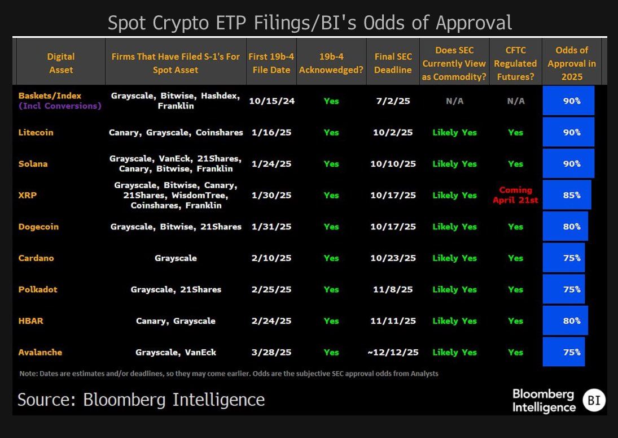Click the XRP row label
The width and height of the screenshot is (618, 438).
pos(27,195)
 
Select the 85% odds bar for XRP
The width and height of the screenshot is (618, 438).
pos(567,195)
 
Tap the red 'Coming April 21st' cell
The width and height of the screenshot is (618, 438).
pos(515,195)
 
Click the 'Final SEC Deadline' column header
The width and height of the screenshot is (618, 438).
pos(393,63)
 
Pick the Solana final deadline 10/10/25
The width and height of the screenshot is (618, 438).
pos(393,164)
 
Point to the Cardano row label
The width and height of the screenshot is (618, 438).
pos(36,258)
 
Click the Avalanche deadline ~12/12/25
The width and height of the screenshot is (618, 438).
pos(393,352)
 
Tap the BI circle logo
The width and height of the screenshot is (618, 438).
pos(594,401)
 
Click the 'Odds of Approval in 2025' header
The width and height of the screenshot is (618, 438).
pos(572,63)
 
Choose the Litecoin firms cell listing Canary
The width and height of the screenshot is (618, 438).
pos(176,132)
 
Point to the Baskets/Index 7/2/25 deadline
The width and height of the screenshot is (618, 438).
pos(393,101)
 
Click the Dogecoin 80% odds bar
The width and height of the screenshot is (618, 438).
pos(565,227)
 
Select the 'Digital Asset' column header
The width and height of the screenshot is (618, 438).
pos(61,63)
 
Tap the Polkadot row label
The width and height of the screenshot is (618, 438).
pos(38,289)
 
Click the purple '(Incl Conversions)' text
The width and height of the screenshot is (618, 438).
pos(60,106)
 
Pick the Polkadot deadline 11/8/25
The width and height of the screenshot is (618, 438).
pos(393,289)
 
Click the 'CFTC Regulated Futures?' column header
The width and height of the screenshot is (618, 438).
pos(515,63)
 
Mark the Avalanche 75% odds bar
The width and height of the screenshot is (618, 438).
pos(563,352)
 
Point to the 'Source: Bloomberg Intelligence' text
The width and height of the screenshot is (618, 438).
pos(141,400)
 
